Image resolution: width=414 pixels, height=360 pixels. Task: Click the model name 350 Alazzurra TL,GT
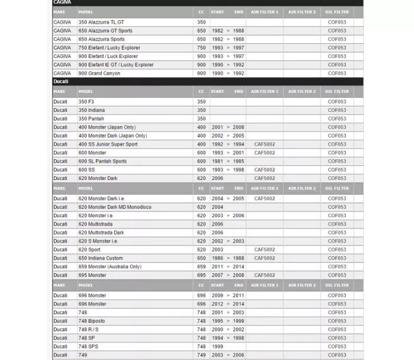[x=101, y=22]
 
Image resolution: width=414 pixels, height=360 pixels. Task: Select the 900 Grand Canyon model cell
[x=99, y=73]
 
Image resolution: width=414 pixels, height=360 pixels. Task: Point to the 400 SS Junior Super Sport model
[x=108, y=144]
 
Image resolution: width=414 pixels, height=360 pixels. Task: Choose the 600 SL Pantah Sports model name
[x=102, y=161]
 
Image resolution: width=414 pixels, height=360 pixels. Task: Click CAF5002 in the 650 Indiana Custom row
[x=264, y=258]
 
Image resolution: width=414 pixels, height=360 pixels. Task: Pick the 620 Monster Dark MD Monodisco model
[x=115, y=207]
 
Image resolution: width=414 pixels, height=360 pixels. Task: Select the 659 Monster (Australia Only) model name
[x=110, y=266]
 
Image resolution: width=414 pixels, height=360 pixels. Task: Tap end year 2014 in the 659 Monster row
[x=238, y=266]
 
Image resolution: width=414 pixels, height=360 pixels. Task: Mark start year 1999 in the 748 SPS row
[x=217, y=346]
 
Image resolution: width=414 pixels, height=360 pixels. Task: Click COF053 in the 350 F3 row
[x=337, y=101]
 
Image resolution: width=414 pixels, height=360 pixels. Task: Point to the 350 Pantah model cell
[x=92, y=118]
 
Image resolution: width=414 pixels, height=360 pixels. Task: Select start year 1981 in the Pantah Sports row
[x=217, y=161]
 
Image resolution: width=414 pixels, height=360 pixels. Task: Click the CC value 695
[x=202, y=275]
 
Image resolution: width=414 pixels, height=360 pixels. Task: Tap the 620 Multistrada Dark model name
[x=101, y=233]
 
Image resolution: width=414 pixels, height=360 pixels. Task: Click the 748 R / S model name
[x=89, y=329]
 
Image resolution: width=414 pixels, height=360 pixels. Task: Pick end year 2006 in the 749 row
[x=238, y=355]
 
